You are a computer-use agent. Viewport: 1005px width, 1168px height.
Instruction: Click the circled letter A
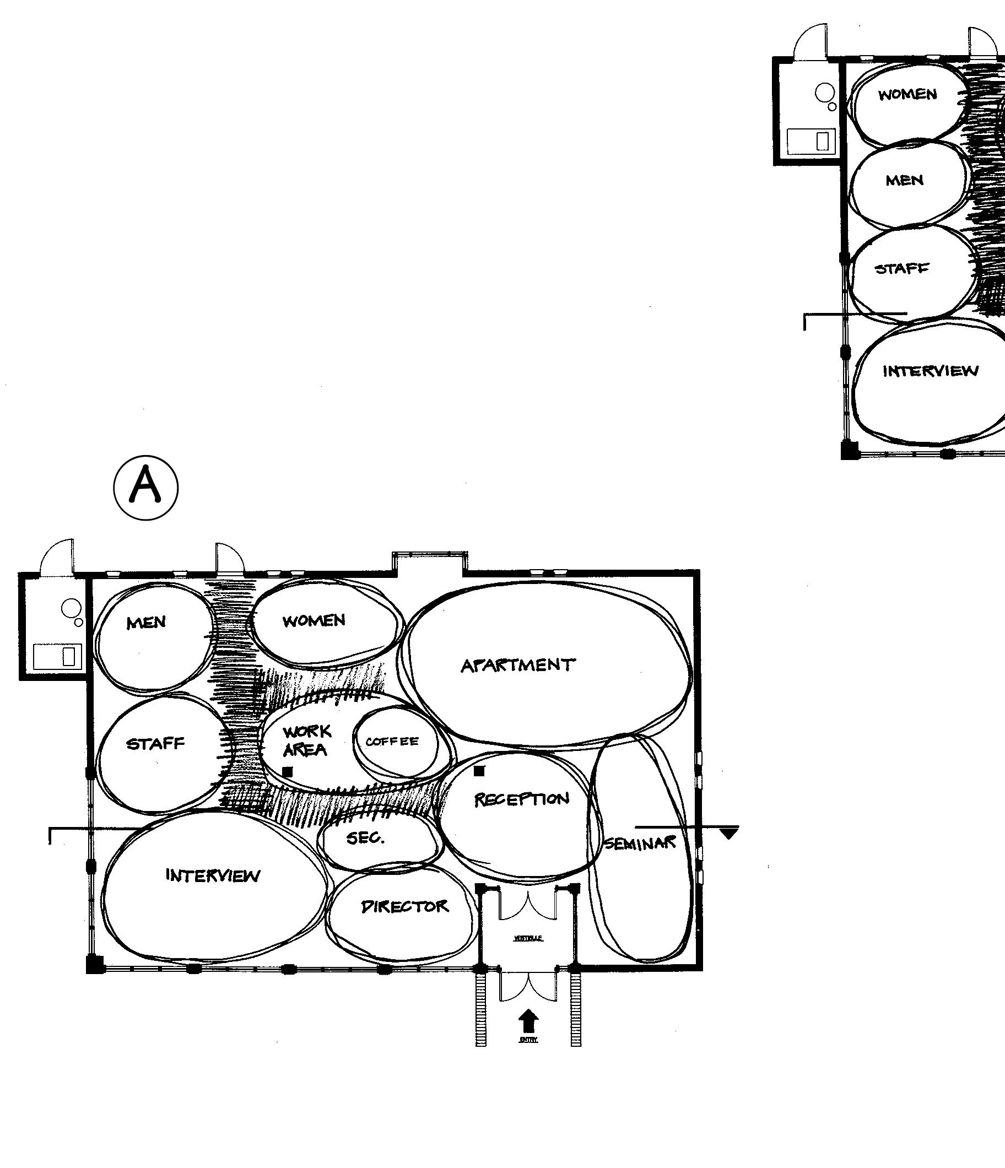pyautogui.click(x=146, y=486)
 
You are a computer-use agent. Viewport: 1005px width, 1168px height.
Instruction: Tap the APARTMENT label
pyautogui.click(x=518, y=666)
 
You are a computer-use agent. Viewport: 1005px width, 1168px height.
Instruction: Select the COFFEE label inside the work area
pyautogui.click(x=392, y=742)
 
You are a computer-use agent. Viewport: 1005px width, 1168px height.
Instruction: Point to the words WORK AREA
pyautogui.click(x=306, y=740)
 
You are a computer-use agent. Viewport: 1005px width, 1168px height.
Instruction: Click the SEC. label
pyautogui.click(x=365, y=837)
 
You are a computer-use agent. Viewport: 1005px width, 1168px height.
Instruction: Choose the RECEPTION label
pyautogui.click(x=521, y=799)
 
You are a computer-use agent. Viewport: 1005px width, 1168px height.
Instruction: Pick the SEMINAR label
pyautogui.click(x=640, y=844)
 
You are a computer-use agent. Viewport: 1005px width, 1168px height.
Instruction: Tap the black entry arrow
pyautogui.click(x=528, y=1021)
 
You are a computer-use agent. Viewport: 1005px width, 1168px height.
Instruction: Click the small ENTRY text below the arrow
pyautogui.click(x=528, y=1040)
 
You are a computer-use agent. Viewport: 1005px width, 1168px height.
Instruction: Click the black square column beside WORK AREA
pyautogui.click(x=288, y=772)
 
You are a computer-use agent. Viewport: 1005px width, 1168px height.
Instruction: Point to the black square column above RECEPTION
pyautogui.click(x=479, y=771)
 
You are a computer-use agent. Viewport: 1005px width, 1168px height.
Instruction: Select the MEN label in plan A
pyautogui.click(x=146, y=623)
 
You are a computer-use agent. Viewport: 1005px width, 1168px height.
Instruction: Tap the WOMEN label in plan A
pyautogui.click(x=314, y=621)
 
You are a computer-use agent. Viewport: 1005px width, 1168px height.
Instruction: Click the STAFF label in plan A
pyautogui.click(x=155, y=744)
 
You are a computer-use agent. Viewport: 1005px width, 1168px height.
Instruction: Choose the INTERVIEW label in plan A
pyautogui.click(x=213, y=875)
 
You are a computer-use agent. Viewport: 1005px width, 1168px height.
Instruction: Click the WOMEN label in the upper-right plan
pyautogui.click(x=907, y=94)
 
